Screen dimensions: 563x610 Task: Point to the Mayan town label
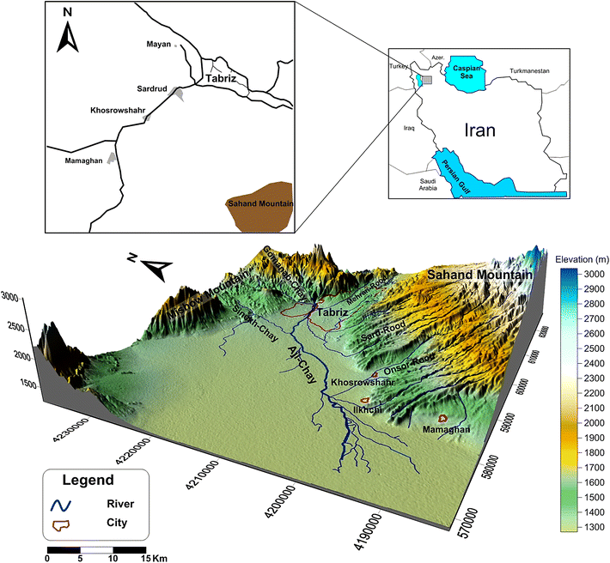[x=158, y=44]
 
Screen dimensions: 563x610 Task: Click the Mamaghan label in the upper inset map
[x=85, y=159]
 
